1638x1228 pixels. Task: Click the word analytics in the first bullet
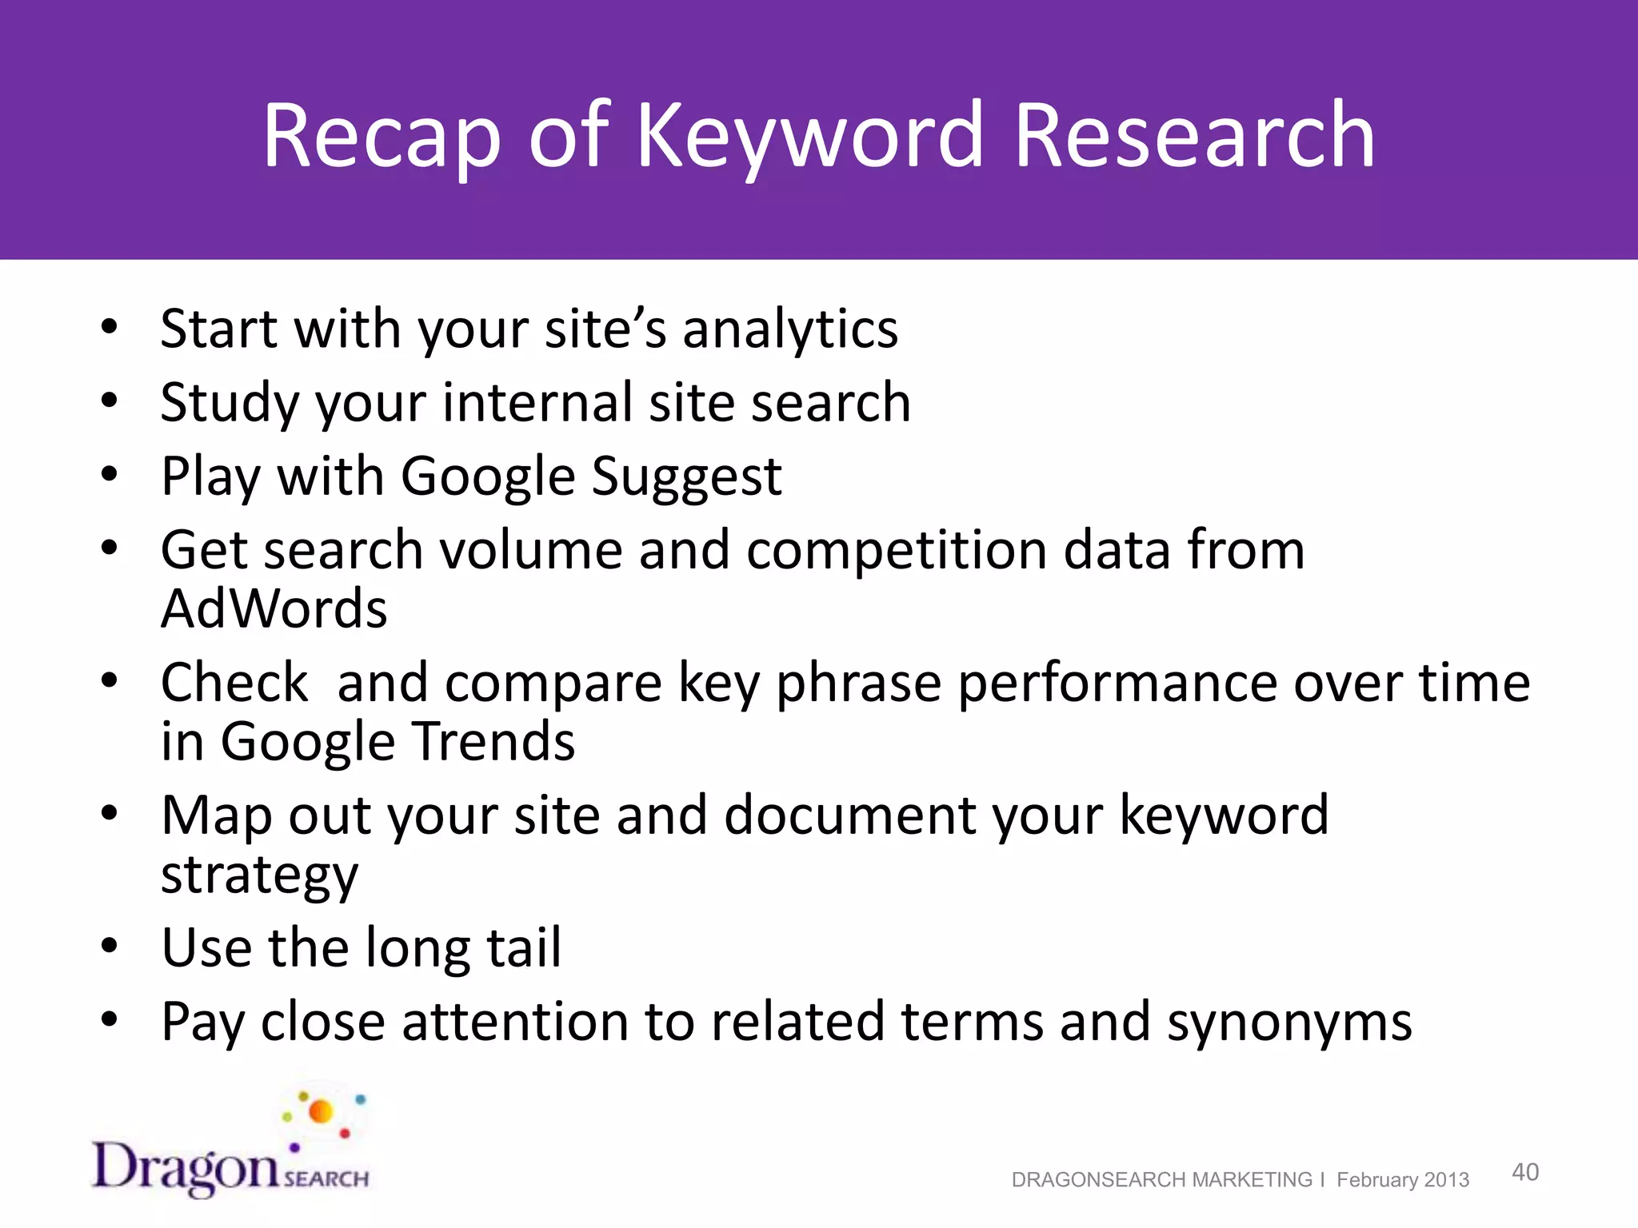790,329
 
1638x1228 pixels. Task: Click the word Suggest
686,476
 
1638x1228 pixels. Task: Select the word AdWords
274,609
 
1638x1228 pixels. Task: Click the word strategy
260,875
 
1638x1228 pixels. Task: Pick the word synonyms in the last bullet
1289,1023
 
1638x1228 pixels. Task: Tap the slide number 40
1525,1172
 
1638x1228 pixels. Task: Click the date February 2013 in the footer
1403,1180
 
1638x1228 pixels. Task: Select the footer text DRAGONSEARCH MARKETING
1161,1180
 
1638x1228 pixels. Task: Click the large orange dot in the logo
321,1111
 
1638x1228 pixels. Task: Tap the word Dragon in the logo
186,1168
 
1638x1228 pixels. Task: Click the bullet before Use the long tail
110,947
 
